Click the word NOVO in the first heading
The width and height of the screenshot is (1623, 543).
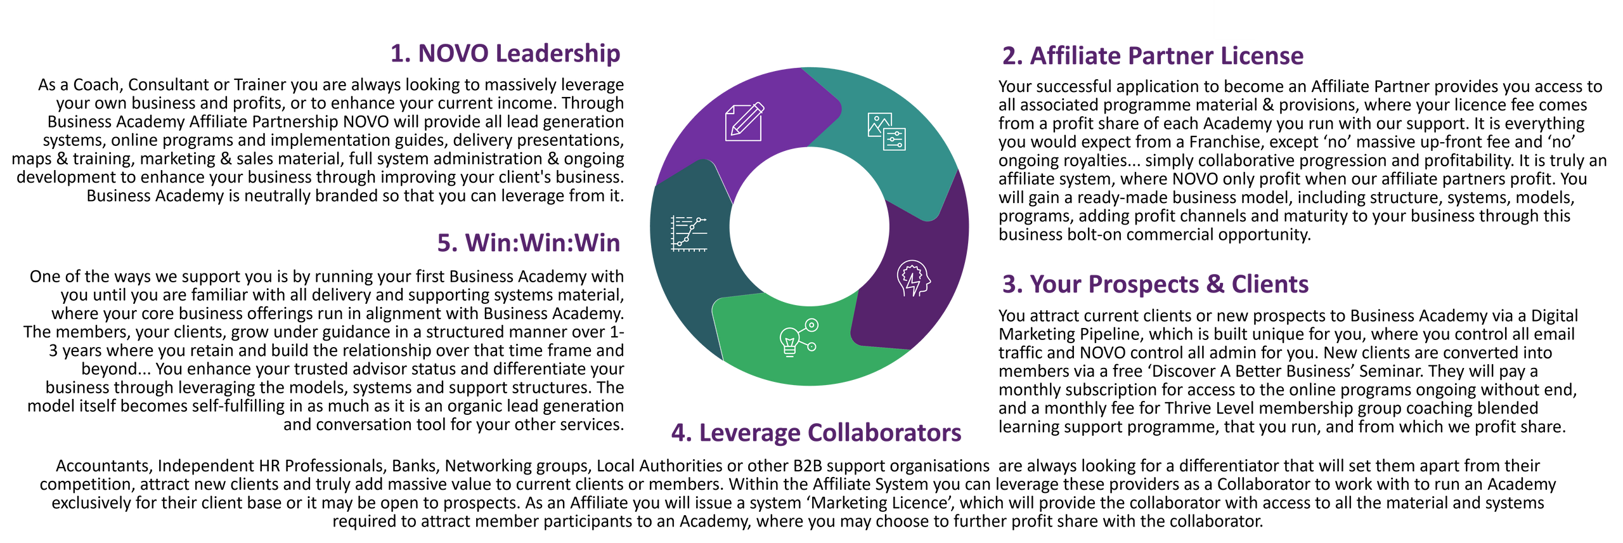click(453, 54)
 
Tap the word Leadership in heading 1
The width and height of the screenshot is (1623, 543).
click(558, 55)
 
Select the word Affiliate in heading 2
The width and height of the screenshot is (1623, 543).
click(1075, 56)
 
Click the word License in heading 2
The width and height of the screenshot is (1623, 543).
click(1262, 56)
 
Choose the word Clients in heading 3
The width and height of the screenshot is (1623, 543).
click(1270, 285)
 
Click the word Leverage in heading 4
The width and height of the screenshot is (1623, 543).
click(749, 433)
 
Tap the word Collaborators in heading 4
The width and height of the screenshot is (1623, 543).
click(884, 433)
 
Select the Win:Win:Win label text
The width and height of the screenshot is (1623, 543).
click(543, 243)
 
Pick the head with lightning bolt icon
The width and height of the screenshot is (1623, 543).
click(914, 278)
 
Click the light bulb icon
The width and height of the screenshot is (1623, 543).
click(790, 342)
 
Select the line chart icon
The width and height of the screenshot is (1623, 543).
click(689, 233)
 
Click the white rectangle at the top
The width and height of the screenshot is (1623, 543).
click(1234, 21)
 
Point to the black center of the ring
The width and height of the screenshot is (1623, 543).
click(809, 226)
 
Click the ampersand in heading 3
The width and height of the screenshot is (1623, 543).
click(1215, 285)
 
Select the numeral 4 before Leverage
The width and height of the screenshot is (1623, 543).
click(679, 433)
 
